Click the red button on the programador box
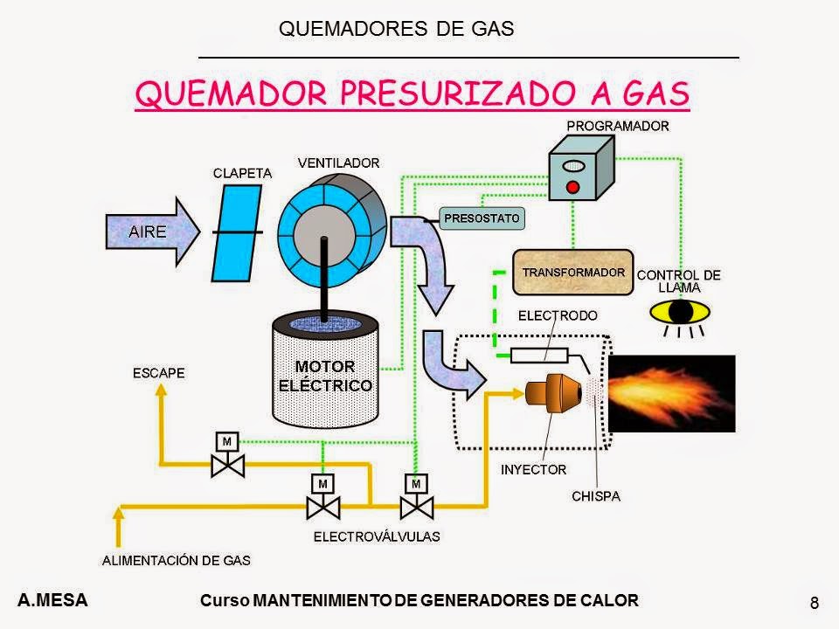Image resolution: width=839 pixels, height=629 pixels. coord(572,187)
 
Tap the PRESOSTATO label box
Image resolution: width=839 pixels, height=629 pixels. coord(482,217)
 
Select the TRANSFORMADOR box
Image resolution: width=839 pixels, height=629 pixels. coord(572,272)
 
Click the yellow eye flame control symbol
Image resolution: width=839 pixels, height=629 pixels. coord(681,311)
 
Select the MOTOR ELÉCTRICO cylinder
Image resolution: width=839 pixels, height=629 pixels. coord(325,376)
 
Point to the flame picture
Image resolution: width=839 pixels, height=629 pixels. coord(671,393)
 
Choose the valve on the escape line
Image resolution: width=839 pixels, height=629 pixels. coord(227,462)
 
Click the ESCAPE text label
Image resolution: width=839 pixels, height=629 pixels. coord(159,373)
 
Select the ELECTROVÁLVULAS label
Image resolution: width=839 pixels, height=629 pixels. coord(377,536)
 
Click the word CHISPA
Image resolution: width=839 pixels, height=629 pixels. coord(595,496)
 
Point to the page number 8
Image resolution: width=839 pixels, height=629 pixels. coord(815,603)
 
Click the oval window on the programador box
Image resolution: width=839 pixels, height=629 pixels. coord(573,165)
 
